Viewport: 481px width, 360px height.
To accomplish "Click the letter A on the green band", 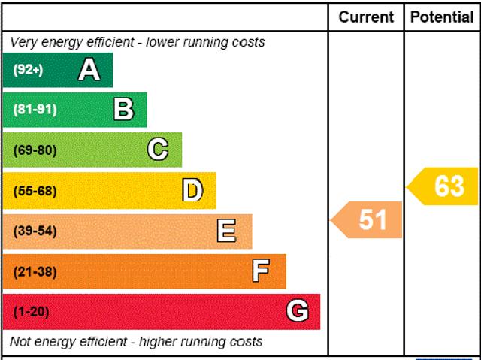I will (89, 70).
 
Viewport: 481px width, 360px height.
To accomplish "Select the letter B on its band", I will (123, 110).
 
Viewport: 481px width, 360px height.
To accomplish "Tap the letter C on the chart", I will (158, 150).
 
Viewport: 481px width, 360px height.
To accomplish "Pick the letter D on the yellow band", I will (192, 190).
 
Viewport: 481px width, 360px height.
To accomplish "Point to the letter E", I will (226, 231).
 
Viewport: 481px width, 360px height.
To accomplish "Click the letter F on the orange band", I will (261, 271).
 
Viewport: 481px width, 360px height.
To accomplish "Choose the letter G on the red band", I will (298, 311).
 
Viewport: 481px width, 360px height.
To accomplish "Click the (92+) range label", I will (28, 70).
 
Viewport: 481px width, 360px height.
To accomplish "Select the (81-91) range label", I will (35, 110).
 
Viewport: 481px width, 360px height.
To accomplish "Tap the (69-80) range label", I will (35, 150).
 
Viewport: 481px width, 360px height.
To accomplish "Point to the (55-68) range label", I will (35, 190).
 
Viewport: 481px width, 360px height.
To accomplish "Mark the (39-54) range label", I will (35, 231).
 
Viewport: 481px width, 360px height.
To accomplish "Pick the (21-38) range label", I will (35, 271).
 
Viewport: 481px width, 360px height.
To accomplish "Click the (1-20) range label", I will (31, 311).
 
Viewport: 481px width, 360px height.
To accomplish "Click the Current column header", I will (366, 17).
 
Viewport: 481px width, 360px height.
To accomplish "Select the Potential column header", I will (443, 17).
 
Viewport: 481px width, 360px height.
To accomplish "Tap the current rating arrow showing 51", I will (368, 220).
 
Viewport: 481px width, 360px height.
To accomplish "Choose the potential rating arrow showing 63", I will (445, 186).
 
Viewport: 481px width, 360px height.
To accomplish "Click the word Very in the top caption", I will (24, 42).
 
